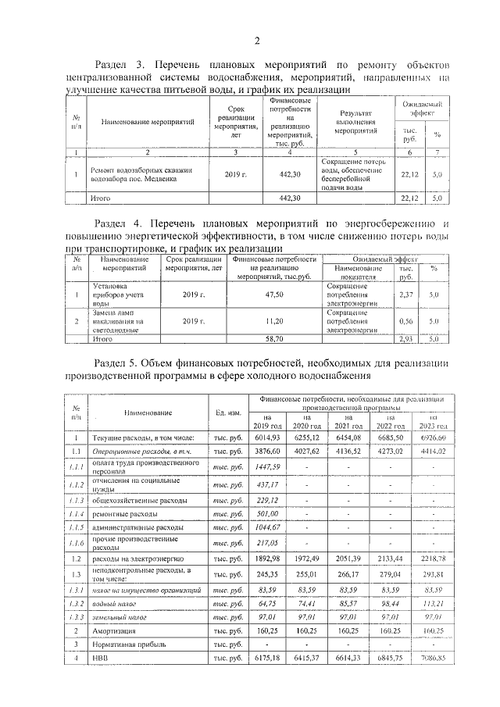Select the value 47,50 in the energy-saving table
273,295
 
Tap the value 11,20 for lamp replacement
273,321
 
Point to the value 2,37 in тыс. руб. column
405,295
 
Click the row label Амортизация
119,630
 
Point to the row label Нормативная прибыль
130,645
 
